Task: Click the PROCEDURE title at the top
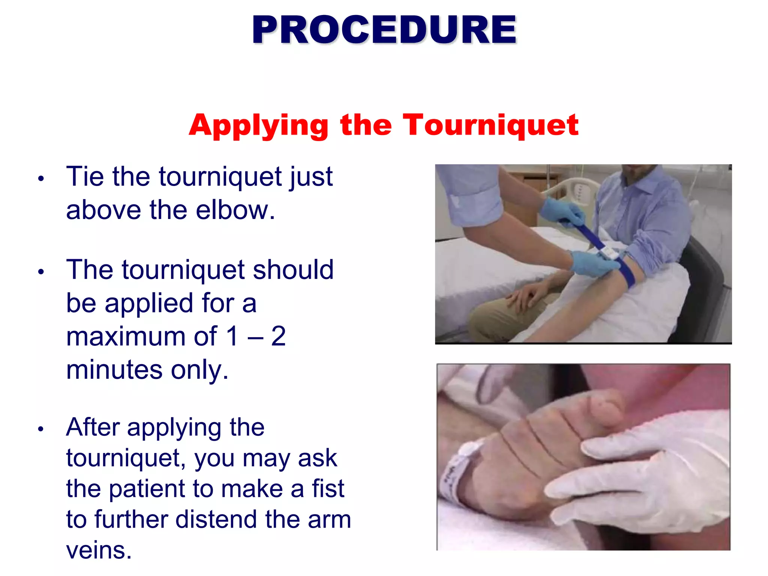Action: tap(384, 30)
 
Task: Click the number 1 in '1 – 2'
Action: tap(232, 336)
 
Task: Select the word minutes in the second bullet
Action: tap(114, 370)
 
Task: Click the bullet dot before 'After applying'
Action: tap(41, 429)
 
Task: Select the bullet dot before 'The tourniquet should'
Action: tap(41, 272)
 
